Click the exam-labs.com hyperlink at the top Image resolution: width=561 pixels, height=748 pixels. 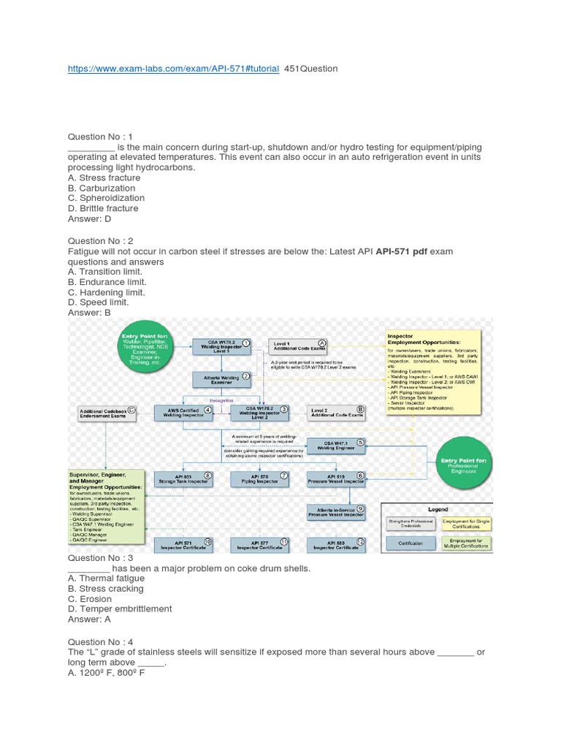pyautogui.click(x=173, y=69)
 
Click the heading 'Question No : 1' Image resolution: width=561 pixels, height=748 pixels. pyautogui.click(x=110, y=137)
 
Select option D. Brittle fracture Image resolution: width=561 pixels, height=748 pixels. pyautogui.click(x=103, y=208)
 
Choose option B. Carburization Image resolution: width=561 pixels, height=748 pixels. pyautogui.click(x=102, y=188)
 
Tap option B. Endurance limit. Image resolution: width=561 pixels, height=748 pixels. pyautogui.click(x=107, y=282)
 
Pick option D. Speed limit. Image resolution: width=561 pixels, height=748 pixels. pyautogui.click(x=99, y=302)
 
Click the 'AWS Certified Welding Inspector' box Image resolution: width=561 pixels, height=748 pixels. pyautogui.click(x=183, y=413)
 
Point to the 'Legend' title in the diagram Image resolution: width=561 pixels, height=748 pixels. pyautogui.click(x=438, y=509)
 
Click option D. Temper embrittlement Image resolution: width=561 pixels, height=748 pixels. pyautogui.click(x=120, y=608)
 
